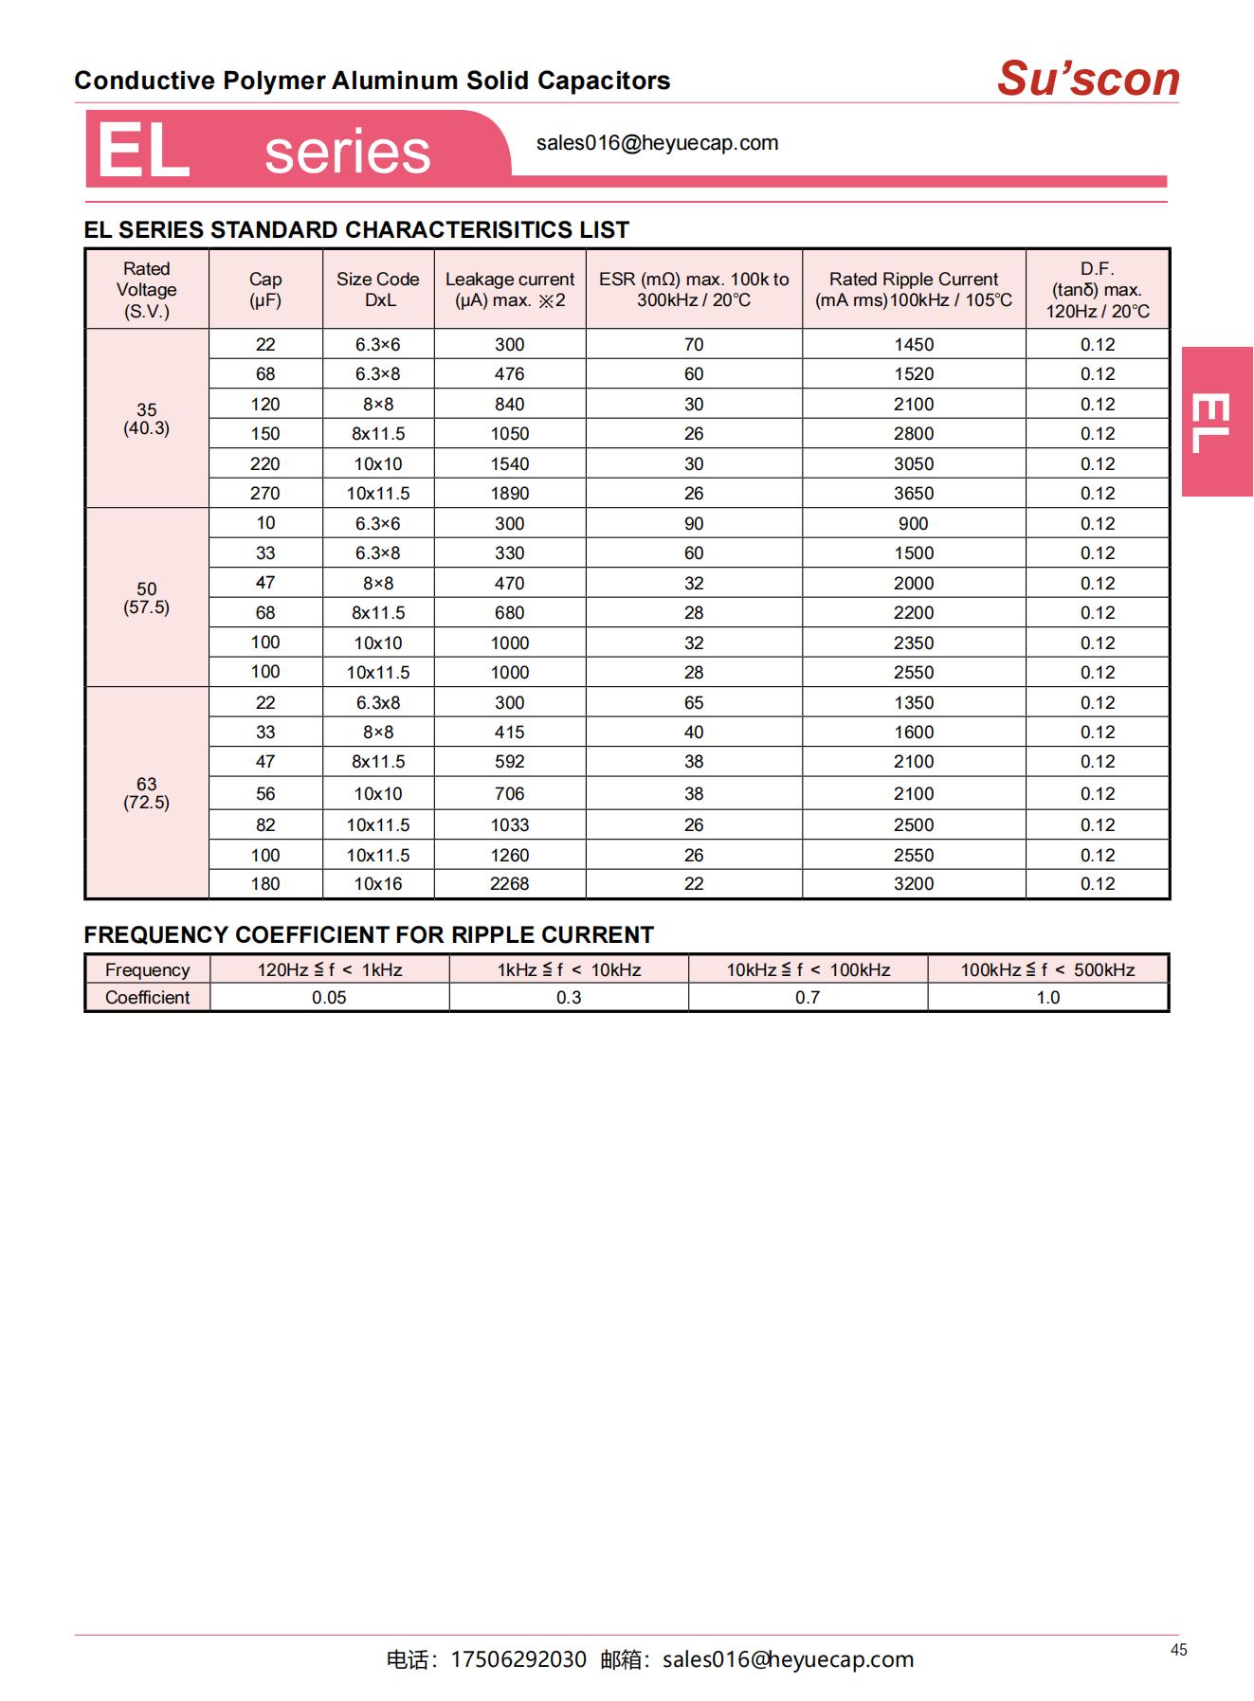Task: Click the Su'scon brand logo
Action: coord(1088,79)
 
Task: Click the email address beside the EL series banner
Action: coord(657,143)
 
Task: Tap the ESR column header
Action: coord(694,289)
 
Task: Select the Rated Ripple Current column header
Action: coord(914,289)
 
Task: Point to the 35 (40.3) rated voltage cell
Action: coord(147,419)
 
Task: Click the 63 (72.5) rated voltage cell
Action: coord(147,793)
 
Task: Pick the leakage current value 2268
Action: coord(510,884)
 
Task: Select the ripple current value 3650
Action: coord(914,494)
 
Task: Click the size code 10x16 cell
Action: coord(378,884)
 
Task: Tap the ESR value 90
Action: coord(694,524)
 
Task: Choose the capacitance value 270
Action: coord(265,494)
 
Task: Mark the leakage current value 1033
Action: coord(510,825)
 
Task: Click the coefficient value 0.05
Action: coord(329,998)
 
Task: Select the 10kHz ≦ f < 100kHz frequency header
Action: coord(809,970)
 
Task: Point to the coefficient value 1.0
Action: coord(1047,998)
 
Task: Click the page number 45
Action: coord(1178,1650)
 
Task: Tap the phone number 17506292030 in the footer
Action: coord(518,1659)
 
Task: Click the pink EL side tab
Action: coord(1216,422)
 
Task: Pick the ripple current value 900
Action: coord(914,524)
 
